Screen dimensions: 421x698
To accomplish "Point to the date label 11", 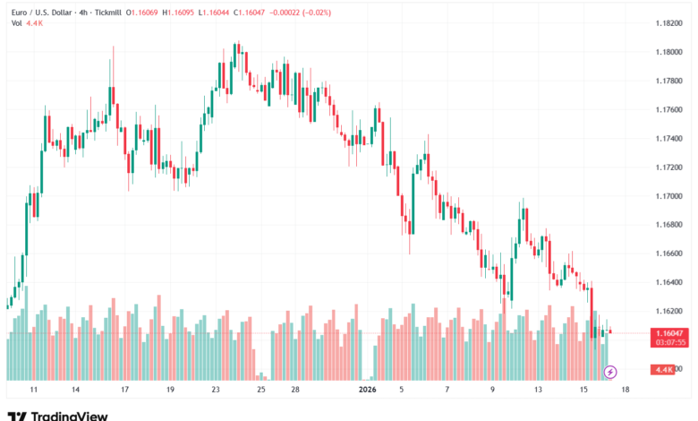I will tap(32, 391).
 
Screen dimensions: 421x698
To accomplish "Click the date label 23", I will tap(216, 391).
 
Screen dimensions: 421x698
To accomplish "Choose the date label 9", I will tap(492, 391).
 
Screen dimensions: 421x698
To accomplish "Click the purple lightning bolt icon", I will tap(610, 372).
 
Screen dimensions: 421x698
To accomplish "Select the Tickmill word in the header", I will tap(105, 12).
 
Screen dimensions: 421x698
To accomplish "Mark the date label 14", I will tap(76, 391).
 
